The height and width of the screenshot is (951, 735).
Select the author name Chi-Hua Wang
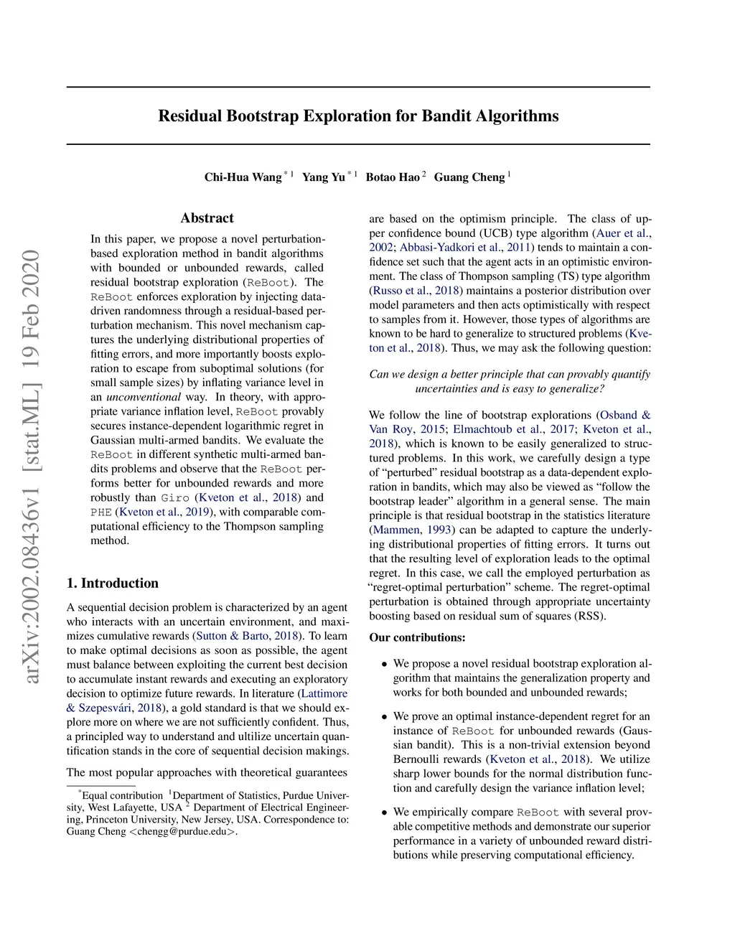(x=243, y=177)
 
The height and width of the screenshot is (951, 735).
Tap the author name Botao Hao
(x=393, y=177)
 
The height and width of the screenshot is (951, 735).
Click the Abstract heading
(x=207, y=218)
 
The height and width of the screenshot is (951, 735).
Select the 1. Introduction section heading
(x=113, y=583)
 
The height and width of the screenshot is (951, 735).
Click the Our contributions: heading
(x=417, y=637)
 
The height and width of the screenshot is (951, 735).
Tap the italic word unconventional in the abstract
(x=144, y=397)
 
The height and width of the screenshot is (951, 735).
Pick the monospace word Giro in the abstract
(x=175, y=498)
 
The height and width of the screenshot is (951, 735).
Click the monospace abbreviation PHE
(x=101, y=512)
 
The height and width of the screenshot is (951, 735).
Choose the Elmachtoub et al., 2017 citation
(x=514, y=429)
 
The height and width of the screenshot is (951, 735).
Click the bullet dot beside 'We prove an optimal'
(x=385, y=717)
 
